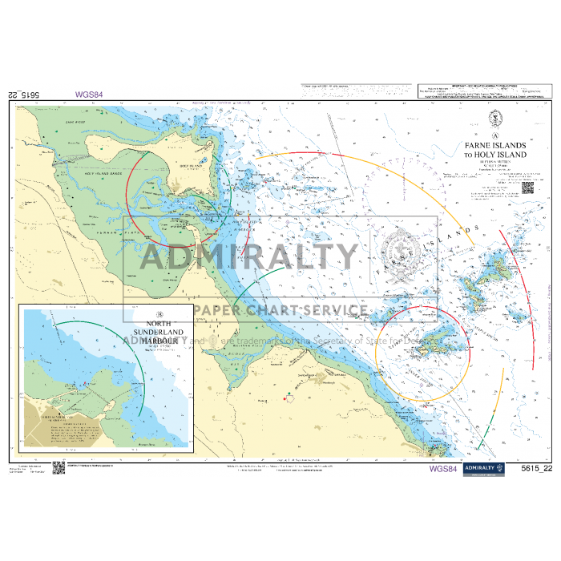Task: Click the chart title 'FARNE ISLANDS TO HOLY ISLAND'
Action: [495, 150]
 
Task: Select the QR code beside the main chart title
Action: [527, 188]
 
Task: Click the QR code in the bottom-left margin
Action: [59, 468]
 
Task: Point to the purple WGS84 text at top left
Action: [89, 94]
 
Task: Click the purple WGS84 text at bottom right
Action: [443, 469]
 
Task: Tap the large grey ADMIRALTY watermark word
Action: [249, 256]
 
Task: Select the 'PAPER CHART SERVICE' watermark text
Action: [279, 310]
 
